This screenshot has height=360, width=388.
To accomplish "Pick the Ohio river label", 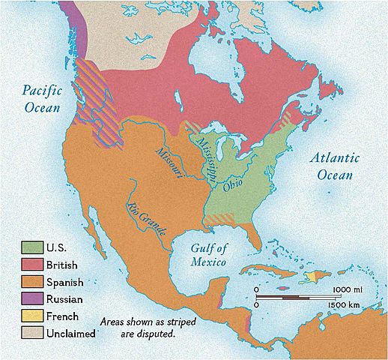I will click(x=233, y=184).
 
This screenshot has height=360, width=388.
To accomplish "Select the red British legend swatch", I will click(x=31, y=265).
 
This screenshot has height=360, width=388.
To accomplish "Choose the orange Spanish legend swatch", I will click(x=31, y=283).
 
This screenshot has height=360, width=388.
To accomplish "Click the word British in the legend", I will click(x=62, y=265).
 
